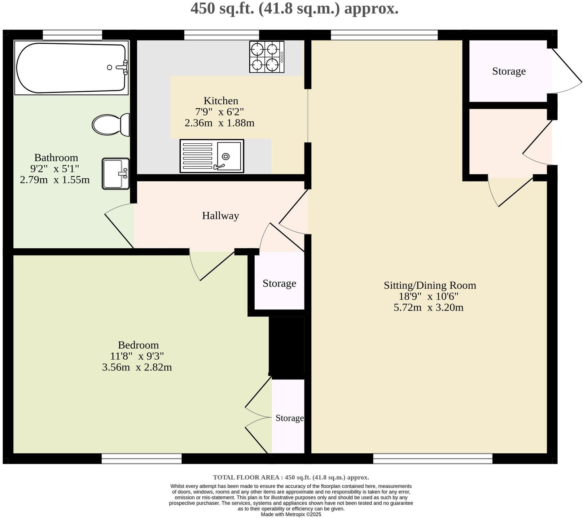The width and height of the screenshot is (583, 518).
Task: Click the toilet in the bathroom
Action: (x=110, y=125)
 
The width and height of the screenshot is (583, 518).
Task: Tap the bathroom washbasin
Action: (x=115, y=174)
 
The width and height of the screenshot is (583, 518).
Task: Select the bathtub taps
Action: (x=124, y=67)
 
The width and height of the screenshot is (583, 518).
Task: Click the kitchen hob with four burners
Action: (x=267, y=57)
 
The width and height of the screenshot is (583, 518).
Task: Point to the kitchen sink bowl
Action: (x=229, y=156)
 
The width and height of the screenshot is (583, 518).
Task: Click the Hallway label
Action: (x=220, y=216)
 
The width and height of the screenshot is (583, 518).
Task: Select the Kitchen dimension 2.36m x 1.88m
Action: (x=219, y=123)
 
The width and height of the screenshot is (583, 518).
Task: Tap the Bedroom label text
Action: (x=138, y=345)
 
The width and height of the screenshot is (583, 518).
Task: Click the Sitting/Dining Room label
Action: (x=430, y=285)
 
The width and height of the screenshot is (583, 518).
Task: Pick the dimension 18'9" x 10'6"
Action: (x=428, y=296)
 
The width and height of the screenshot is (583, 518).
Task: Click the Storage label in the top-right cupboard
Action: (x=509, y=71)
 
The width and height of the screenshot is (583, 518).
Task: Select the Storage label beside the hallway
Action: (x=279, y=283)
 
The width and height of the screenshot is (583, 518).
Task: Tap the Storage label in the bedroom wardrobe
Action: (x=289, y=418)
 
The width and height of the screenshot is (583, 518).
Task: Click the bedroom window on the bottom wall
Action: (x=141, y=458)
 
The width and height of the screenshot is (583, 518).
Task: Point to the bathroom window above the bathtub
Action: (x=72, y=35)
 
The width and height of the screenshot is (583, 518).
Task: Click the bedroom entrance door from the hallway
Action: (x=213, y=265)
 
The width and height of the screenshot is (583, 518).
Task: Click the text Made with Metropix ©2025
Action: (x=291, y=514)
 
